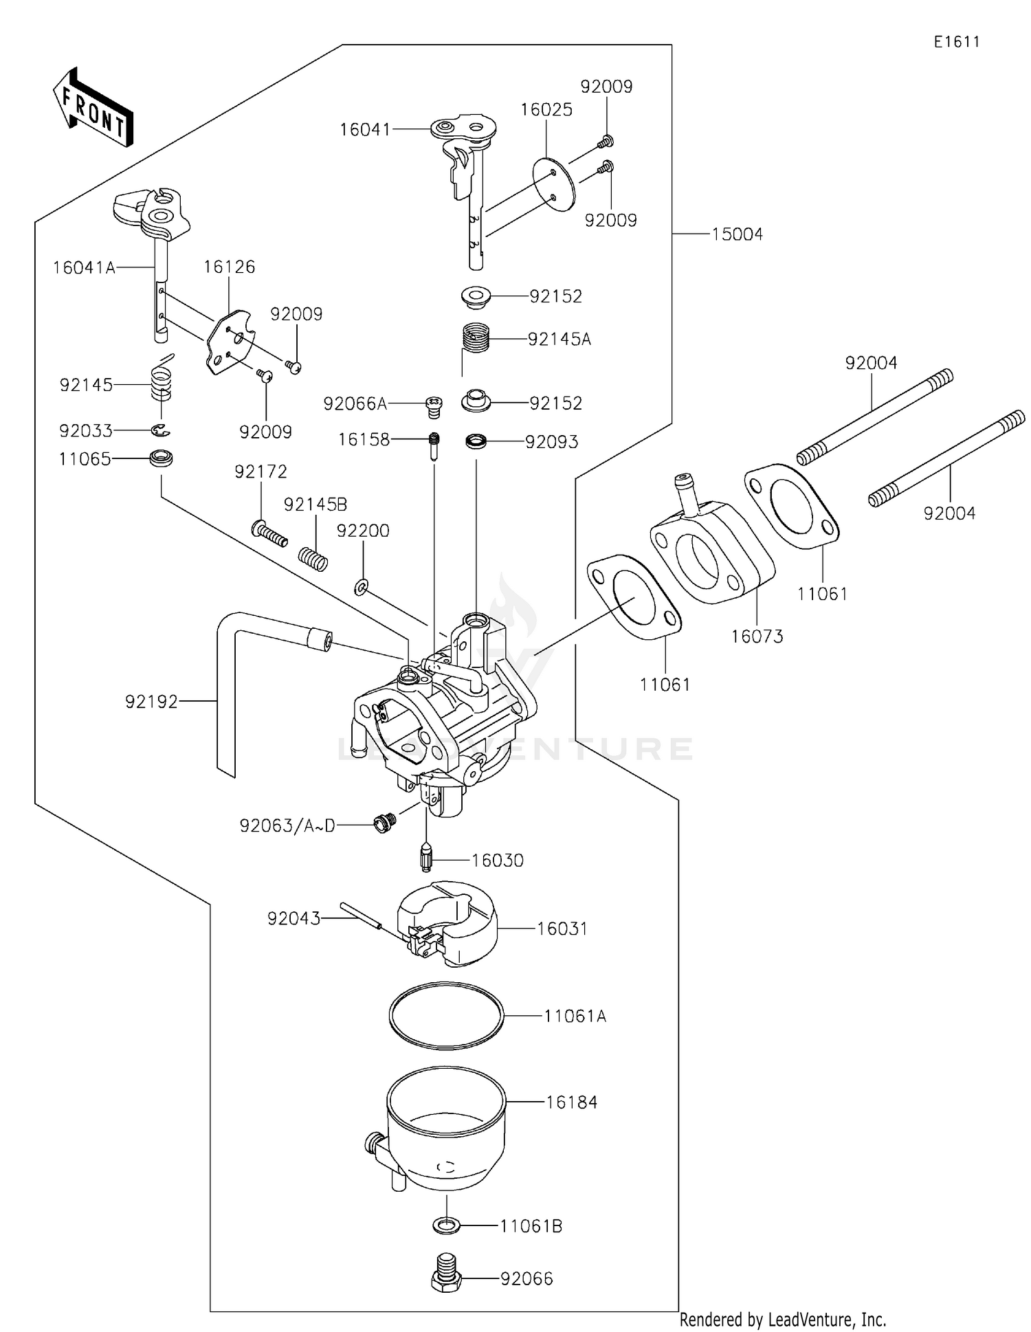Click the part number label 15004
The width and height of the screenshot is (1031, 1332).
pyautogui.click(x=737, y=234)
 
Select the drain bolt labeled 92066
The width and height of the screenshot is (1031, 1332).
pyautogui.click(x=447, y=1278)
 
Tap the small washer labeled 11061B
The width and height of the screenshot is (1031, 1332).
pyautogui.click(x=447, y=1225)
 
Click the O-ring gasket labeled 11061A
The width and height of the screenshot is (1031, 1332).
pyautogui.click(x=445, y=1015)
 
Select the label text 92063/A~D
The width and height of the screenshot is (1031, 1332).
pyautogui.click(x=287, y=825)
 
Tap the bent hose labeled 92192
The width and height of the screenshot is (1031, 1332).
pyautogui.click(x=227, y=694)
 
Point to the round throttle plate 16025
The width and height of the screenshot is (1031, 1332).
pyautogui.click(x=554, y=184)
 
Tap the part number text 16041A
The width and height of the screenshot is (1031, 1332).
pyautogui.click(x=84, y=267)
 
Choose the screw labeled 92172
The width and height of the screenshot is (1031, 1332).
pyautogui.click(x=269, y=533)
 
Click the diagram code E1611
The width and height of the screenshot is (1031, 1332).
pyautogui.click(x=956, y=42)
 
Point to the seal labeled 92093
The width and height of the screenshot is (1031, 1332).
pyautogui.click(x=476, y=441)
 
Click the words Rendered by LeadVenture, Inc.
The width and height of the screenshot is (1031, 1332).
pyautogui.click(x=782, y=1319)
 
